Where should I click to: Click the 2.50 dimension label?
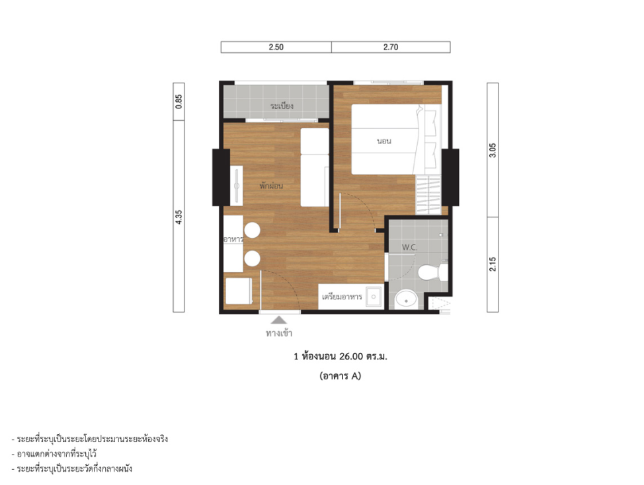click(x=276, y=47)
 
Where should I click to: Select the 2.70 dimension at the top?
click(x=391, y=47)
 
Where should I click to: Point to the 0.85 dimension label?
click(x=179, y=101)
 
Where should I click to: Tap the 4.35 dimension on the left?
click(x=179, y=217)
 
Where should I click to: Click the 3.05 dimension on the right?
click(x=493, y=150)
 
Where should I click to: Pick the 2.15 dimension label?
click(x=493, y=264)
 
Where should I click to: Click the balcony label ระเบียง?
click(x=282, y=106)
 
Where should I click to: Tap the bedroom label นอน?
click(x=384, y=141)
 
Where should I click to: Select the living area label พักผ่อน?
click(x=271, y=186)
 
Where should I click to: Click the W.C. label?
click(x=409, y=247)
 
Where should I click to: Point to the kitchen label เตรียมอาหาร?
click(x=342, y=297)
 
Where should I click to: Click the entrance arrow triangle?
click(x=279, y=320)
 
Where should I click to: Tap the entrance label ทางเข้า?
click(x=279, y=333)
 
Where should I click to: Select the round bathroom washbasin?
click(x=406, y=299)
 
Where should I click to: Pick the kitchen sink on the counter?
click(x=374, y=297)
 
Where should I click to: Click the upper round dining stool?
click(x=252, y=230)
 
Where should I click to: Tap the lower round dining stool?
click(x=252, y=259)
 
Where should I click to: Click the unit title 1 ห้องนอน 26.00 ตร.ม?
click(x=341, y=356)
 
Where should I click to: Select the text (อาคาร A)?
click(x=340, y=376)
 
